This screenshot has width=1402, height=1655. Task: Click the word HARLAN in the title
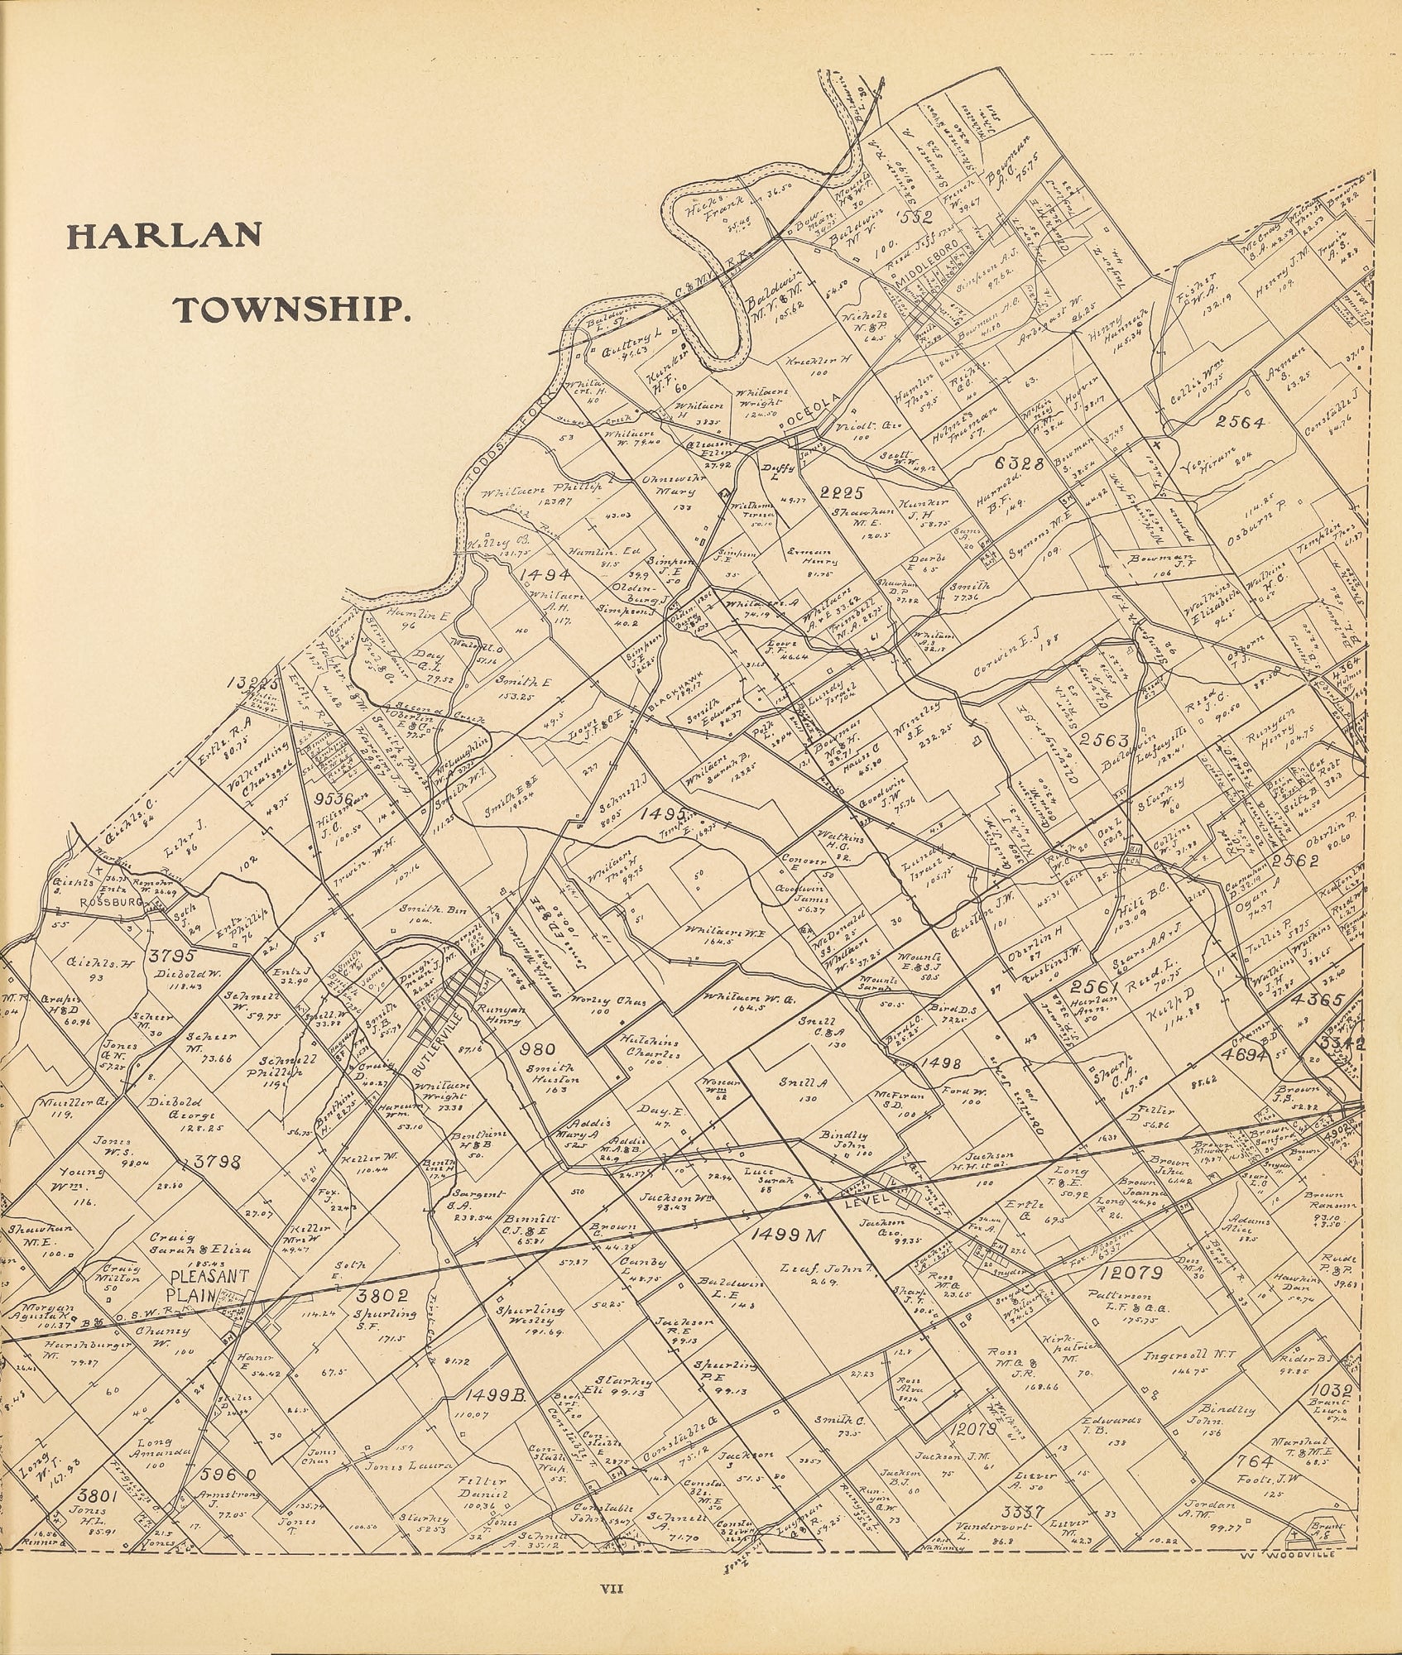[166, 235]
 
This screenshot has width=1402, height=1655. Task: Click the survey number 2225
[841, 494]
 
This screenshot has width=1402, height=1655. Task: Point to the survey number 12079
[1132, 1272]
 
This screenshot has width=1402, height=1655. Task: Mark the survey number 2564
[1240, 423]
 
